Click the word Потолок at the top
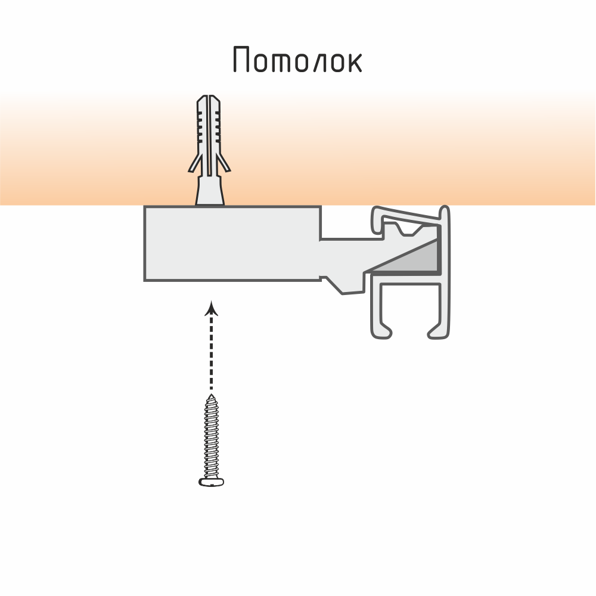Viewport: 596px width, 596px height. point(297,60)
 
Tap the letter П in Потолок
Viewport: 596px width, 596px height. point(241,60)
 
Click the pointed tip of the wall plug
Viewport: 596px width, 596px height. point(209,97)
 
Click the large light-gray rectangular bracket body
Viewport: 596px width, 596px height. point(232,243)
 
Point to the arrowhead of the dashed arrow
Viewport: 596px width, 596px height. point(210,308)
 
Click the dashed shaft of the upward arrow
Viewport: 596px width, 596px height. point(210,352)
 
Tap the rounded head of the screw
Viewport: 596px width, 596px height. point(211,482)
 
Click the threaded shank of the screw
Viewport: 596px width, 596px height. point(211,438)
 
